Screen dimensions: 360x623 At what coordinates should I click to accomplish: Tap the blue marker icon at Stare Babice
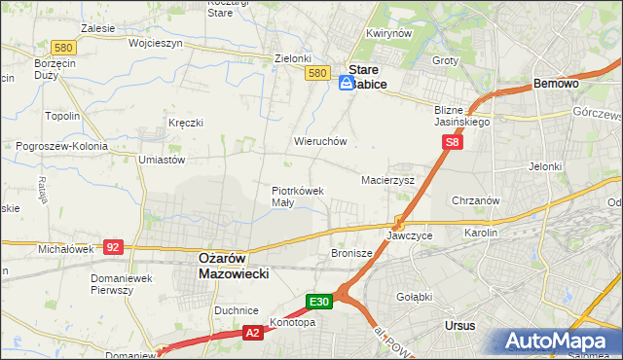pos(348,85)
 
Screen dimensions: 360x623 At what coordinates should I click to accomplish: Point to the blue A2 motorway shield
pos(251,333)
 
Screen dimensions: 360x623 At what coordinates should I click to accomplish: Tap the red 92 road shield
pos(113,247)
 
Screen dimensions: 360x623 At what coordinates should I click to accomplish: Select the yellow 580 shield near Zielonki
pos(314,73)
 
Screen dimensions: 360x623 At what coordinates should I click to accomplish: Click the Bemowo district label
pos(557,85)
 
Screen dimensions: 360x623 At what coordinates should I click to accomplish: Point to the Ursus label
pos(458,325)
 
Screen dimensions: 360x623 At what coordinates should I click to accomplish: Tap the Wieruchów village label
pos(320,141)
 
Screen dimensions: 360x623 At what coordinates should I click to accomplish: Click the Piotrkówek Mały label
pos(297,197)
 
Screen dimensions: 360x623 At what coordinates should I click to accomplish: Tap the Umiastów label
pos(163,159)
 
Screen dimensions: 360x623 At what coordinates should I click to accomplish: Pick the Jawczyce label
pos(409,235)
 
